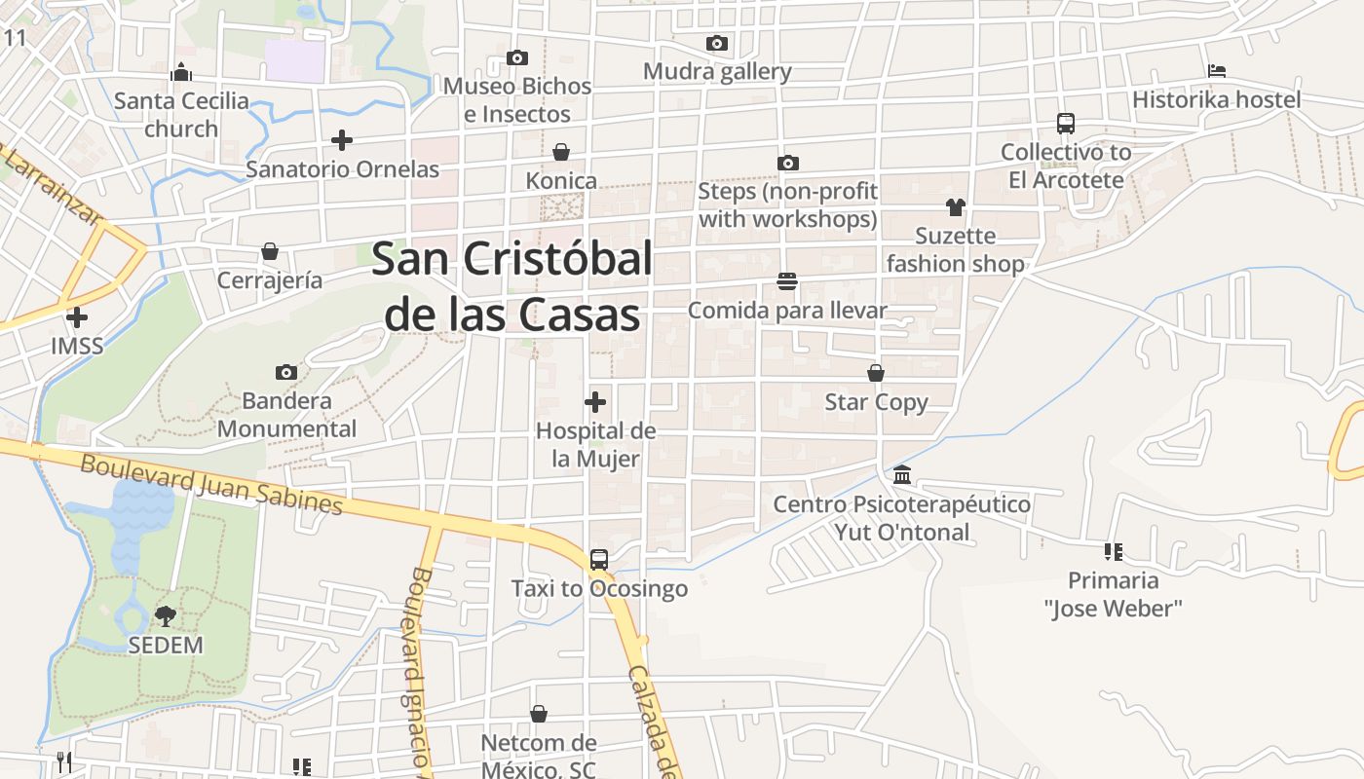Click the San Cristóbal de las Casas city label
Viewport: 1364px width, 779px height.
pyautogui.click(x=512, y=287)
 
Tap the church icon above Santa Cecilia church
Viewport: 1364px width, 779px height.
pyautogui.click(x=181, y=72)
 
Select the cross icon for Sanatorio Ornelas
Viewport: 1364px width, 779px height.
pyautogui.click(x=341, y=140)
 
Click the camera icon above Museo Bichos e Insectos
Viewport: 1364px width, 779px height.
pyautogui.click(x=517, y=58)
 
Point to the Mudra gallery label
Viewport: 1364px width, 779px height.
pyautogui.click(x=717, y=71)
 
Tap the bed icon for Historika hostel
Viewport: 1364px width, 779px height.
pyautogui.click(x=1216, y=71)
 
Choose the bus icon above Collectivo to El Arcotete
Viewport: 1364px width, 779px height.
pyautogui.click(x=1066, y=124)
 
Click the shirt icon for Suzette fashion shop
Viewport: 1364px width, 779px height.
pyautogui.click(x=955, y=206)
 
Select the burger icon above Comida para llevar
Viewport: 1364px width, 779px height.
pyautogui.click(x=787, y=281)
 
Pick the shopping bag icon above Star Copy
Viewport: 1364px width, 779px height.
pyautogui.click(x=876, y=373)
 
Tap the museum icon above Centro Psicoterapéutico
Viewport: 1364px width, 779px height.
pyautogui.click(x=902, y=475)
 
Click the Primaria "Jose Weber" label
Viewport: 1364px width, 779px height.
pyautogui.click(x=1113, y=594)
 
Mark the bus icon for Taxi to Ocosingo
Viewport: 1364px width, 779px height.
pyautogui.click(x=599, y=560)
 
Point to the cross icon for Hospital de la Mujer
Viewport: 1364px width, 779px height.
pyautogui.click(x=595, y=401)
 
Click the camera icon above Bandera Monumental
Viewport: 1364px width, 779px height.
pyautogui.click(x=286, y=372)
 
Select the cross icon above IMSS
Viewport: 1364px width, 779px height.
pyautogui.click(x=77, y=316)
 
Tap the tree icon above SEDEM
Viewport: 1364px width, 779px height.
pyautogui.click(x=166, y=615)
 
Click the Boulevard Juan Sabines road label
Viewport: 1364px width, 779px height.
pyautogui.click(x=211, y=484)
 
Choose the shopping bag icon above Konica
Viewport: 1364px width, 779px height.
pyautogui.click(x=561, y=152)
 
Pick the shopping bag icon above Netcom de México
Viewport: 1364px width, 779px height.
pyautogui.click(x=538, y=715)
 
